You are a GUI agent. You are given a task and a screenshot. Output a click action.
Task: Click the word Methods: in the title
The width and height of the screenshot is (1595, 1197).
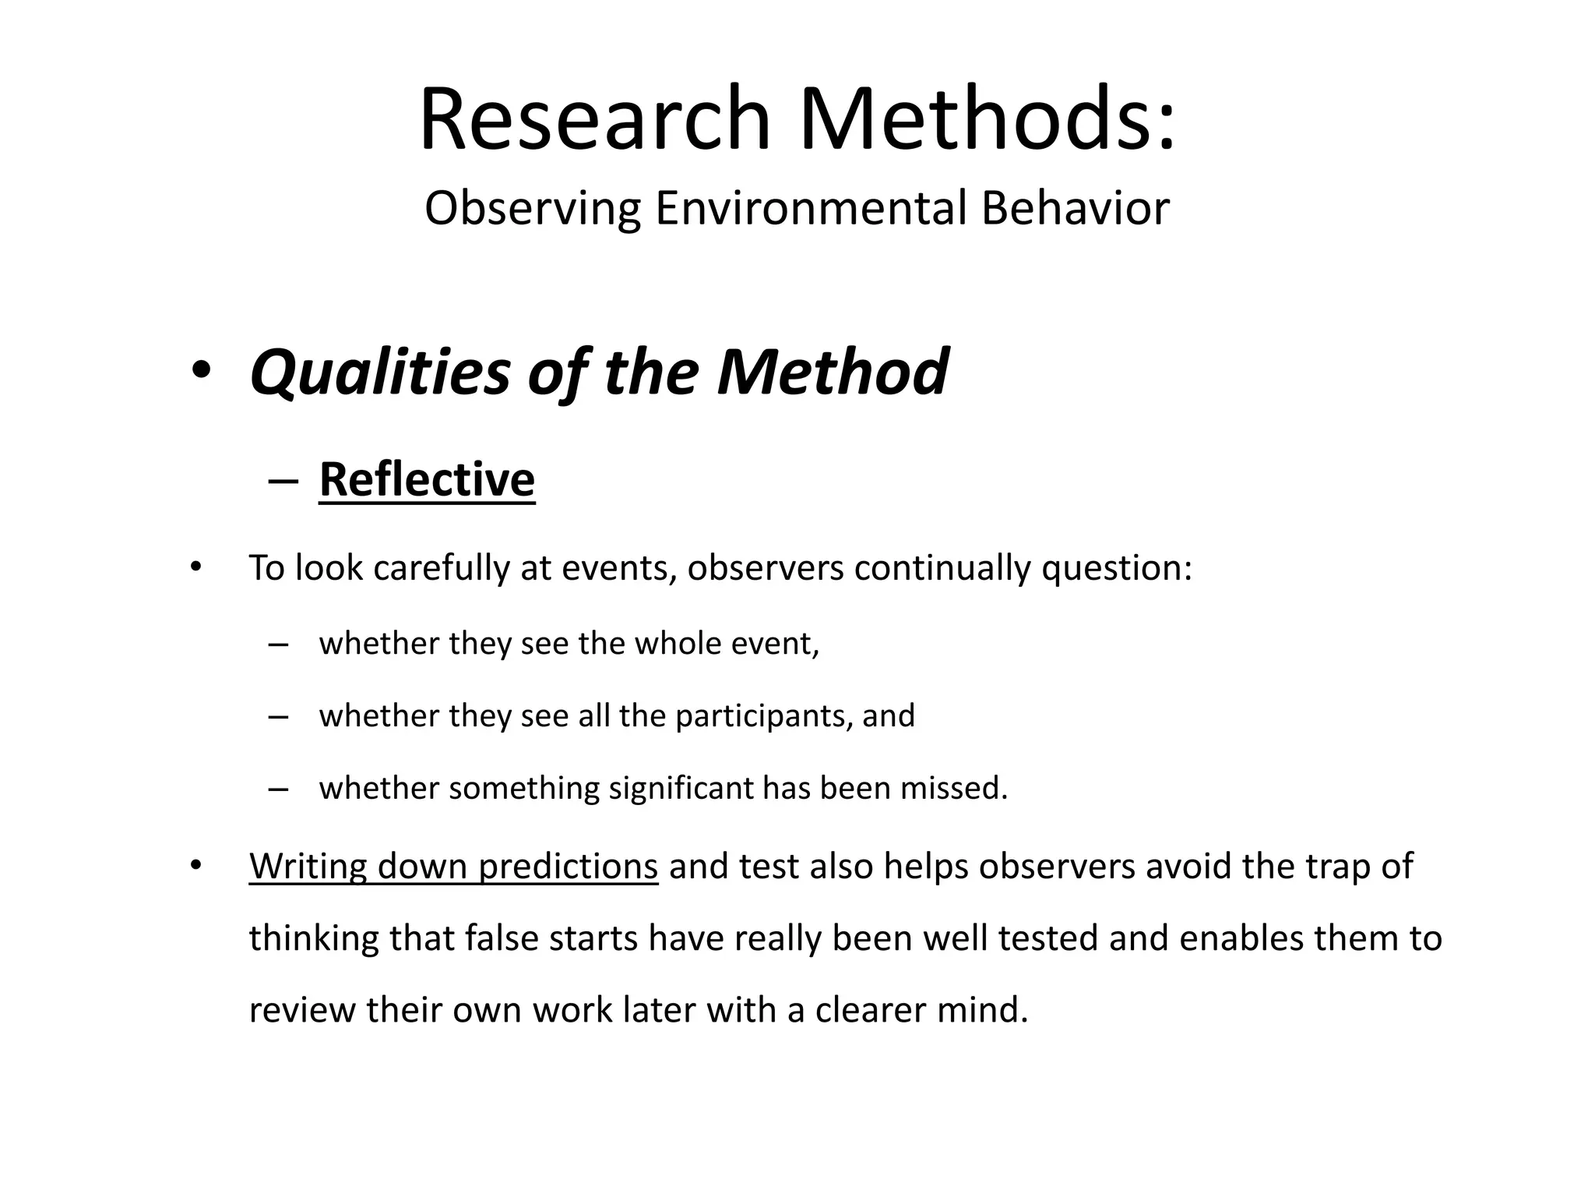point(987,119)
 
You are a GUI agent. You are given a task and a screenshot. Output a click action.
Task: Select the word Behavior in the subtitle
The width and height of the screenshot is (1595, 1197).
point(1075,209)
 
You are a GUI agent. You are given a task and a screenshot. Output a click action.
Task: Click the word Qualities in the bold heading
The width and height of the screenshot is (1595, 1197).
point(380,373)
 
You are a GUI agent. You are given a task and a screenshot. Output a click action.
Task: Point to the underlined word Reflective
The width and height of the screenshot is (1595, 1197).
point(427,478)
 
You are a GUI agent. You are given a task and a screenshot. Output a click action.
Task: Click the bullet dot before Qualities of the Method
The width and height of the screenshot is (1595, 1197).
point(200,373)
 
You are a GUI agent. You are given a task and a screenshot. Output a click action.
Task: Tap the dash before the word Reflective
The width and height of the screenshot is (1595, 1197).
point(282,480)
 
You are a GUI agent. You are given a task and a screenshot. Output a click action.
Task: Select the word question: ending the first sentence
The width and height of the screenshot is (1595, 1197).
point(1117,568)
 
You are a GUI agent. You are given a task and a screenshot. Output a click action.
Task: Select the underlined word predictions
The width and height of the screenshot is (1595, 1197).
point(569,867)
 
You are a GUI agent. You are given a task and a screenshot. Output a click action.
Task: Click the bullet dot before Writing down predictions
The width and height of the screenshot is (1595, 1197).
point(195,865)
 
